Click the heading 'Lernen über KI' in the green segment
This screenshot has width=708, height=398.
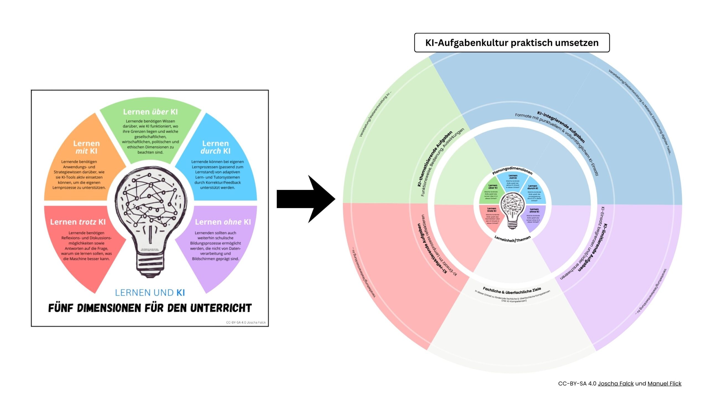(150, 112)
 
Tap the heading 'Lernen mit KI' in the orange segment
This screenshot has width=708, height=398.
(86, 147)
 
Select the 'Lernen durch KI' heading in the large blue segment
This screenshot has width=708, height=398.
(215, 147)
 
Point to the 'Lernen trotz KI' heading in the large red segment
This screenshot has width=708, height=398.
(78, 222)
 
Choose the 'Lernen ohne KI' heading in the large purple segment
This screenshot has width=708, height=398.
(223, 222)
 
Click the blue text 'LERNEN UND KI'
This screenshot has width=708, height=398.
(150, 292)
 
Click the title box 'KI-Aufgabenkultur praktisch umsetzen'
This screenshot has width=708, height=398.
(512, 43)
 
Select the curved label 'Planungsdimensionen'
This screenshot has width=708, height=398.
(512, 170)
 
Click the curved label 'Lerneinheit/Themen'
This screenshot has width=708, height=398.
(512, 239)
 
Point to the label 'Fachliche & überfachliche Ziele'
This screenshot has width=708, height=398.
(512, 290)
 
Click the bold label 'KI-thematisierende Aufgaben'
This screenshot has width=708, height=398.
(434, 159)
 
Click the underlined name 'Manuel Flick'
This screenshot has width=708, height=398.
(664, 383)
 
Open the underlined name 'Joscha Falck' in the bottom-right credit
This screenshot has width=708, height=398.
(616, 383)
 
